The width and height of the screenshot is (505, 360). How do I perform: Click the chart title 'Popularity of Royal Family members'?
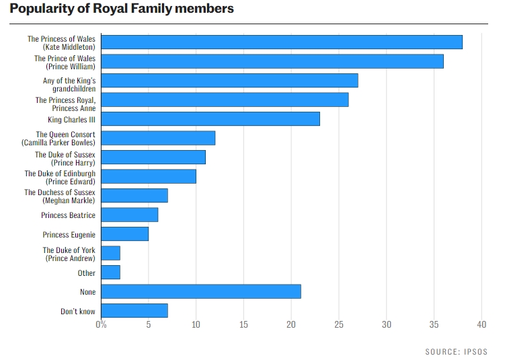click(122, 9)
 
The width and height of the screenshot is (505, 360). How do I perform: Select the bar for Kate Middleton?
click(282, 42)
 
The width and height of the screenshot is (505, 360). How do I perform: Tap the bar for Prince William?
click(272, 61)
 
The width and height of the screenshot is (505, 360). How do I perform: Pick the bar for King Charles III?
click(210, 119)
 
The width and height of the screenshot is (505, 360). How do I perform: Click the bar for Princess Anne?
click(225, 100)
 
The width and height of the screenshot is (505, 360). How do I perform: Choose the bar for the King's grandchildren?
click(229, 81)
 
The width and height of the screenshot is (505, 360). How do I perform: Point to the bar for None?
click(201, 292)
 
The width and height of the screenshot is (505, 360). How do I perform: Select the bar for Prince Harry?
click(153, 157)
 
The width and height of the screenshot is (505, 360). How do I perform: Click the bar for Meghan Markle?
click(134, 196)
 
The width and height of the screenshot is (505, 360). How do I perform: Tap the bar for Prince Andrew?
click(110, 254)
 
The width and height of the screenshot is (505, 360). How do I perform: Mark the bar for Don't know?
click(134, 311)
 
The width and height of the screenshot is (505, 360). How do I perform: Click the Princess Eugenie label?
click(69, 235)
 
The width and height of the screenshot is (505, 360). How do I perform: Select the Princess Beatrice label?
click(68, 215)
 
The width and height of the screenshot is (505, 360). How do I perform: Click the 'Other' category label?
click(86, 273)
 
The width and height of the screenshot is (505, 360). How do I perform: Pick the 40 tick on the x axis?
click(481, 325)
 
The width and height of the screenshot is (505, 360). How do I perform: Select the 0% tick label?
click(101, 325)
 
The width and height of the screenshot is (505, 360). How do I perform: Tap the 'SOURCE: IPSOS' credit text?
click(456, 351)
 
